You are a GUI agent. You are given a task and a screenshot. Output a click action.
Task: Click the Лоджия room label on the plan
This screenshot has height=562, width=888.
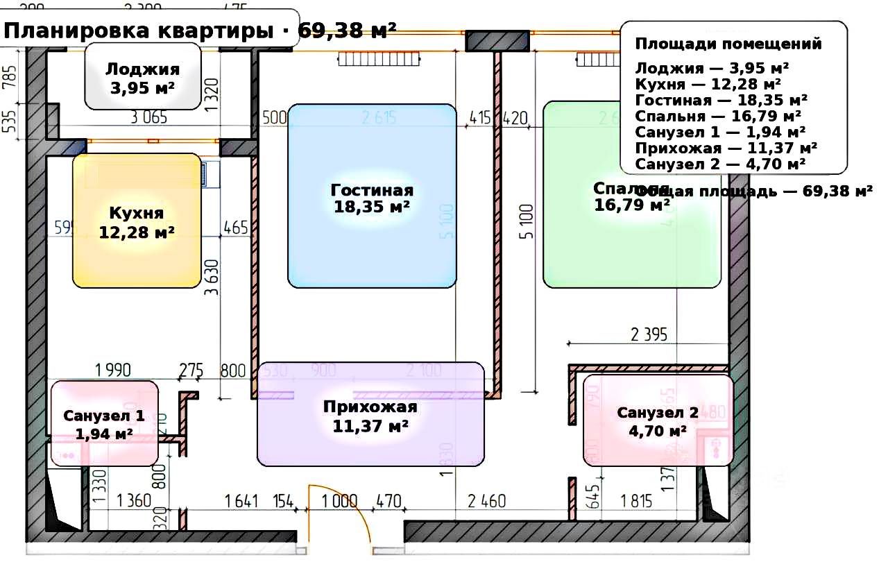pyautogui.click(x=142, y=78)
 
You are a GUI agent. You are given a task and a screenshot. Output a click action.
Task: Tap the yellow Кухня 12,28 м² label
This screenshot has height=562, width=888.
pyautogui.click(x=137, y=221)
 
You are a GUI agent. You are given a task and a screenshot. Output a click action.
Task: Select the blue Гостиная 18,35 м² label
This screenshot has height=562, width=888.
pyautogui.click(x=372, y=198)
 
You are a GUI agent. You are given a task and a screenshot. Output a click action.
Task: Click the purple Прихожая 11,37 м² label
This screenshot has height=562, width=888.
pyautogui.click(x=370, y=416)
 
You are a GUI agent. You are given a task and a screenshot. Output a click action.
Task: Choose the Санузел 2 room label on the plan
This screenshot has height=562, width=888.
pyautogui.click(x=658, y=421)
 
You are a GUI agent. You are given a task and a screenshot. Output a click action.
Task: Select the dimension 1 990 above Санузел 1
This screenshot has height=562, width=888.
pyautogui.click(x=112, y=370)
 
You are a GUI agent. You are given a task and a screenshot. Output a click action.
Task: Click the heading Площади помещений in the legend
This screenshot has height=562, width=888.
pyautogui.click(x=728, y=44)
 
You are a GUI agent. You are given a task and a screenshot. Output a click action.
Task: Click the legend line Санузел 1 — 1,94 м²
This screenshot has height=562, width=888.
pyautogui.click(x=720, y=131)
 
